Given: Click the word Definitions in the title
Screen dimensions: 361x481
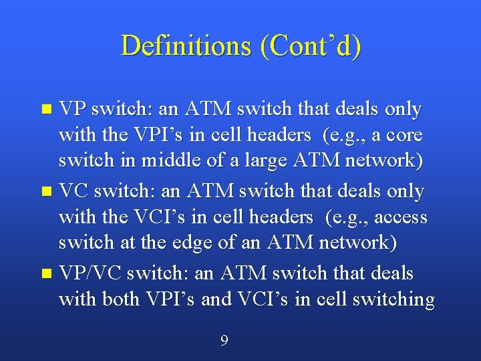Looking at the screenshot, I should pos(184,45).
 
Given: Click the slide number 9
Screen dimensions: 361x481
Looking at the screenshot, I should pos(224,341).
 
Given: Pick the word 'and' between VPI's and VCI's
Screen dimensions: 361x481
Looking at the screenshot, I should pos(216,300).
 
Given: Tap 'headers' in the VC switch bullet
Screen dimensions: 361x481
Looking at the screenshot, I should pos(281,218).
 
